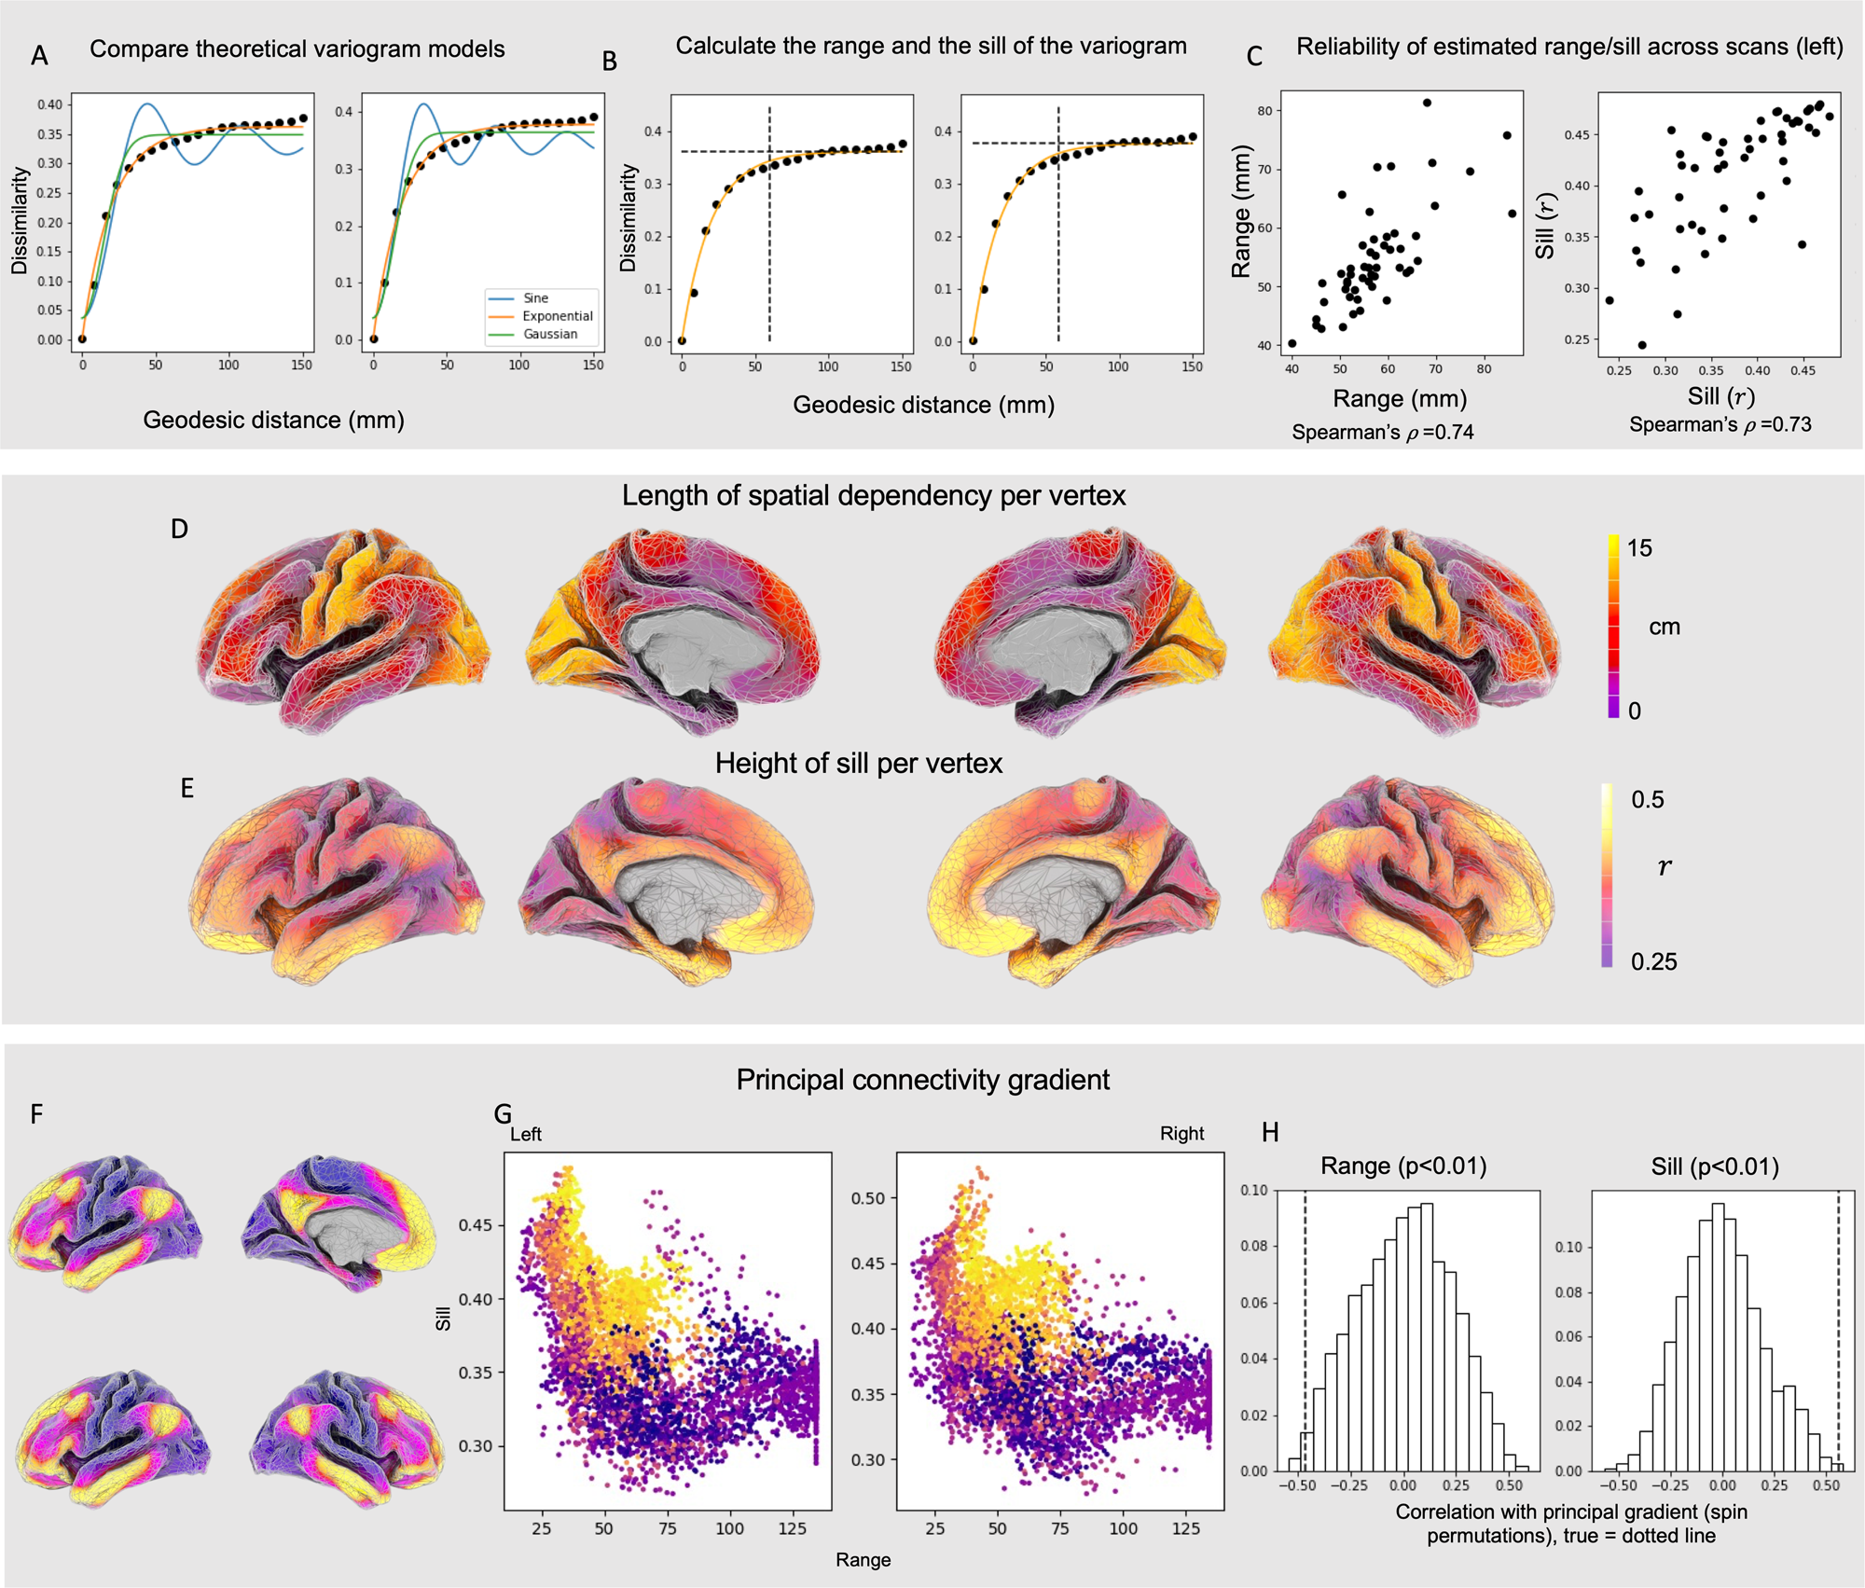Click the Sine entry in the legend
pos(535,298)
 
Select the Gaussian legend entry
pos(549,334)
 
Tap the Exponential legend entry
pos(557,316)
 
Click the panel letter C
pos(1254,57)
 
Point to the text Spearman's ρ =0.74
pos(1382,432)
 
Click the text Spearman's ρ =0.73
pos(1720,424)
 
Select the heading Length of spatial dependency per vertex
pos(874,495)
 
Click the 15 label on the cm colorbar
pos(1639,548)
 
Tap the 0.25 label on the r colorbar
pos(1653,961)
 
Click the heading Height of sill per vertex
pos(858,764)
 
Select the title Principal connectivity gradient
pos(922,1080)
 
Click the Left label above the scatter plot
pos(525,1134)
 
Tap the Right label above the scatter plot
pos(1181,1133)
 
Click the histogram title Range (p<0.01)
pos(1403,1166)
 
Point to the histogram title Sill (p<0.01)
pos(1714,1167)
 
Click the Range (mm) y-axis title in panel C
pos(1241,212)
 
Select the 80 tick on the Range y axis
pos(1264,111)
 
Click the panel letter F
pos(36,1113)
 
